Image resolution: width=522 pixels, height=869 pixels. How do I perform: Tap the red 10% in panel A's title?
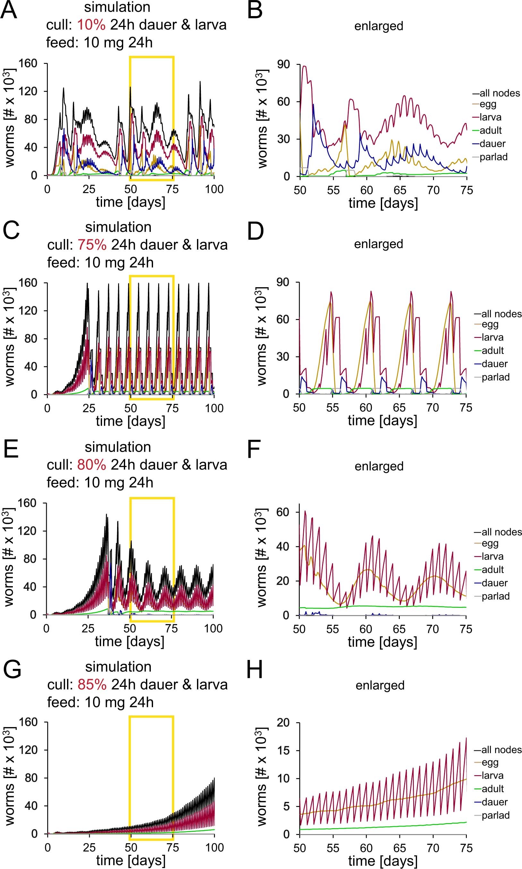point(91,25)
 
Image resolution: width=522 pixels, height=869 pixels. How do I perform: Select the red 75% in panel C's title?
point(92,244)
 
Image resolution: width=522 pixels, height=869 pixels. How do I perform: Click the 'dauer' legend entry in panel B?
point(492,144)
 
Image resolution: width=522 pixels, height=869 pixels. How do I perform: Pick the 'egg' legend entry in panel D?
point(490,324)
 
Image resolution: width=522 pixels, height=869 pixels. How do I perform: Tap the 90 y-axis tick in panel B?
point(284,65)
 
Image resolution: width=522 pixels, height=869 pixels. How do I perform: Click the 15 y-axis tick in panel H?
point(284,750)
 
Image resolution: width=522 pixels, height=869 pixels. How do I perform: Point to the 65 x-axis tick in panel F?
point(399,629)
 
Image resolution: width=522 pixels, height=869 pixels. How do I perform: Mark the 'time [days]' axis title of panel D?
point(382,421)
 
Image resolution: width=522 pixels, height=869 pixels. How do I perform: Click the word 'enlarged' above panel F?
point(379,466)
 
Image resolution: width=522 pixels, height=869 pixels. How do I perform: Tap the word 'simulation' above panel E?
point(118,447)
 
